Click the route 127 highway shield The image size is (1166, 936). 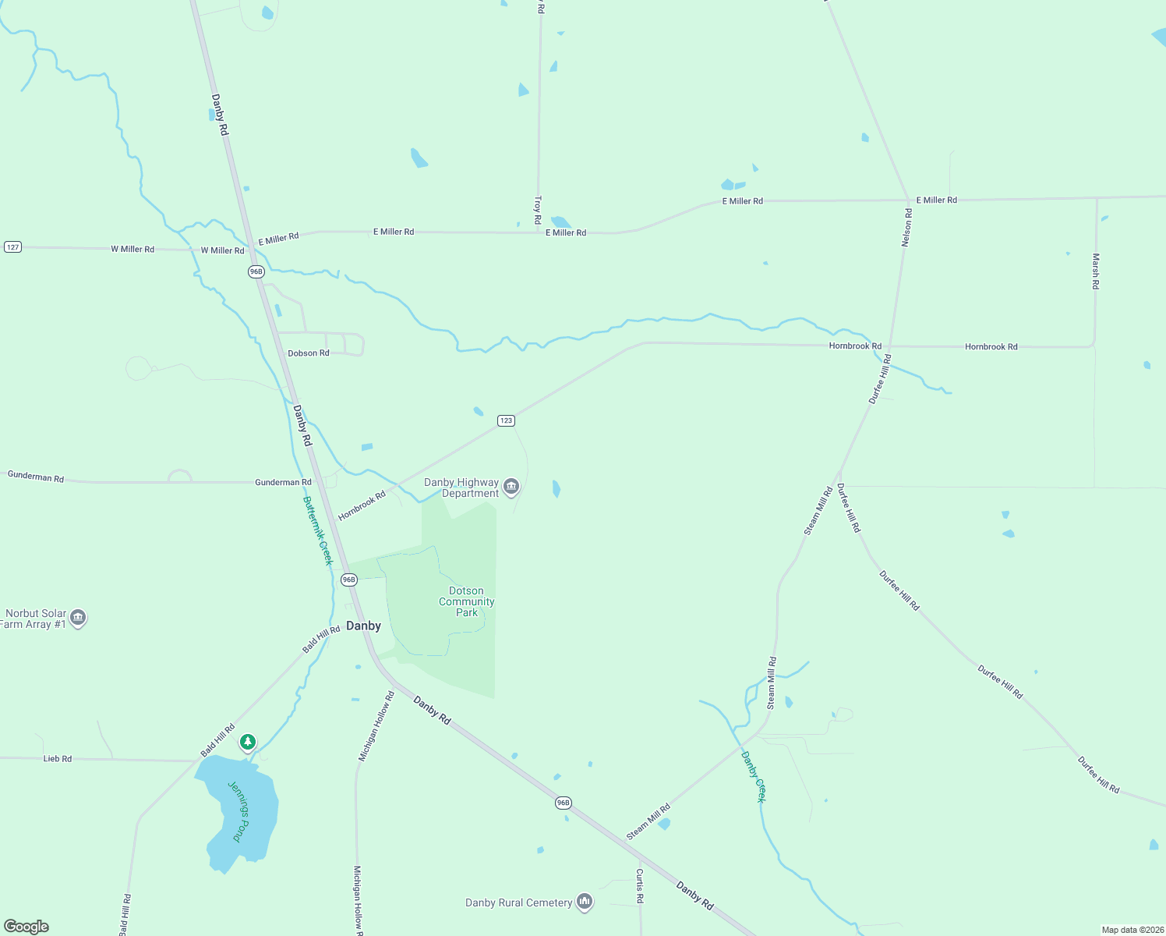(x=12, y=247)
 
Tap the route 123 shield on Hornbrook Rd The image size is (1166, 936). (x=506, y=420)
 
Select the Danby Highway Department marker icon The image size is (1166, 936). (x=511, y=487)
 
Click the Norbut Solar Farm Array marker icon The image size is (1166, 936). (x=77, y=619)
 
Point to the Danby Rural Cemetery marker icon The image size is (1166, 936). (x=585, y=902)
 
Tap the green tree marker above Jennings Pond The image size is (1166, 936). (x=248, y=742)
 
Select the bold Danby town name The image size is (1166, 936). (x=363, y=626)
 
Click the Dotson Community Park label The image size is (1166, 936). (x=466, y=601)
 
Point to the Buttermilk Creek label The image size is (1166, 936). (x=318, y=530)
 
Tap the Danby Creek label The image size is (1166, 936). (x=754, y=776)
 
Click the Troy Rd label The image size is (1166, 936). (x=538, y=210)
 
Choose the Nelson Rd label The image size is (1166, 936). (x=906, y=228)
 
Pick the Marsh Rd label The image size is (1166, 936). (x=1095, y=271)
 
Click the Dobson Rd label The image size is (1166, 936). (x=309, y=353)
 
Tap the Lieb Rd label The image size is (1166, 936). (x=58, y=758)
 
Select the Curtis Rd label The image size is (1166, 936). (x=639, y=886)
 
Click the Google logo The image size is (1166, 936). (x=26, y=927)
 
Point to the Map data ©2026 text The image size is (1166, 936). (x=1132, y=930)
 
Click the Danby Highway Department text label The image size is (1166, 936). (x=461, y=487)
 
